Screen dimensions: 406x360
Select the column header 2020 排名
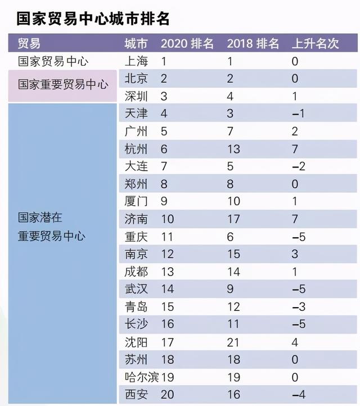[187, 44]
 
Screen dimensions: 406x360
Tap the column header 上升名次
[315, 44]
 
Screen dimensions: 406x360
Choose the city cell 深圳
[136, 96]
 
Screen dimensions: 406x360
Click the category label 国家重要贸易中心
[62, 84]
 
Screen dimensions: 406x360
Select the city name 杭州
[136, 149]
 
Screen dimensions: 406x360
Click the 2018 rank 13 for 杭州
[233, 149]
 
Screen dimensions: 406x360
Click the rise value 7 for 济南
[295, 219]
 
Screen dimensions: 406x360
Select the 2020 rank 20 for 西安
[168, 395]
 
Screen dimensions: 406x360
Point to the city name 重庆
[136, 237]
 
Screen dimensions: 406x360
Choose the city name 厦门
[136, 202]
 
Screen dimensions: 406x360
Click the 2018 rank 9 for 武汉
[230, 290]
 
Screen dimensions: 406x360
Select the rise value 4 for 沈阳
[295, 342]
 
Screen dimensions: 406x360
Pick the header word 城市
[136, 44]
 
